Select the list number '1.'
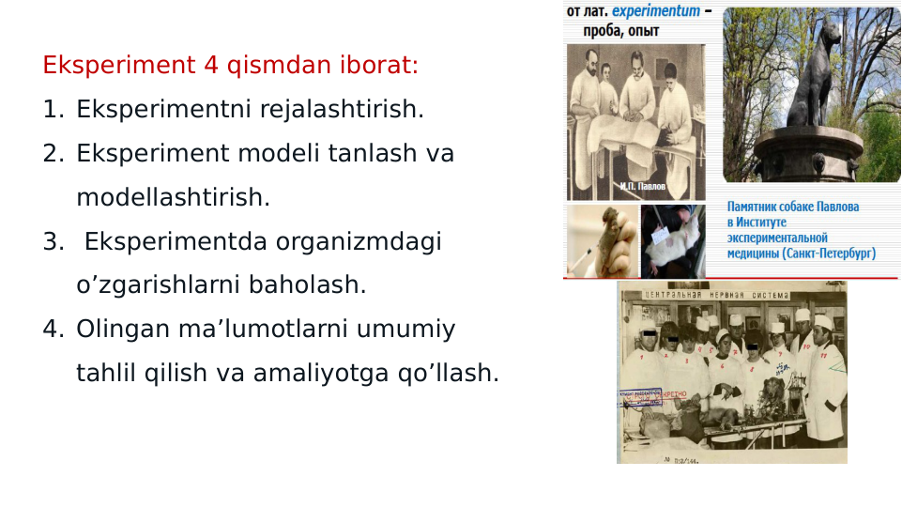click(x=53, y=110)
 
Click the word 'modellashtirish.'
click(x=173, y=197)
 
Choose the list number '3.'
click(x=53, y=241)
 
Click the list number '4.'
click(x=53, y=329)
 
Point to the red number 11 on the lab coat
click(x=822, y=357)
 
